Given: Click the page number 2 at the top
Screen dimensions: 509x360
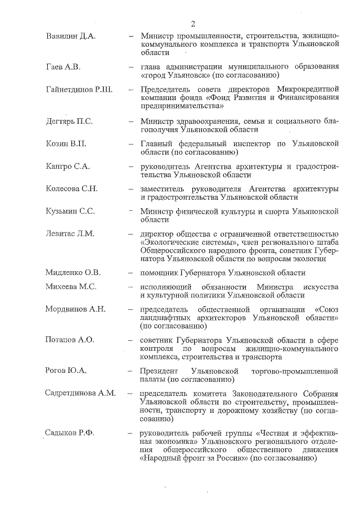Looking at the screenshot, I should click(x=192, y=23).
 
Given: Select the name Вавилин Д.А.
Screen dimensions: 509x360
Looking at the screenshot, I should click(x=70, y=35).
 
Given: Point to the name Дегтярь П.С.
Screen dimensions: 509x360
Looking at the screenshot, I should click(x=69, y=121).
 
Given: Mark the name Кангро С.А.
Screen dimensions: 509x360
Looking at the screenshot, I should click(x=67, y=167).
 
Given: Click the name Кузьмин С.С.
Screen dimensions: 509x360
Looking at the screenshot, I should click(x=70, y=211).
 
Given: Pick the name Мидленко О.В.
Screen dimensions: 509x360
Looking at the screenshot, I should click(x=73, y=273).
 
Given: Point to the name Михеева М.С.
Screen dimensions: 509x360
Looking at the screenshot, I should click(x=71, y=287).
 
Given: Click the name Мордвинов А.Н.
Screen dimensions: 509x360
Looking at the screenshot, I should click(x=75, y=309).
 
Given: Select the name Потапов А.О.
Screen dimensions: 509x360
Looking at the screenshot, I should click(x=70, y=340).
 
